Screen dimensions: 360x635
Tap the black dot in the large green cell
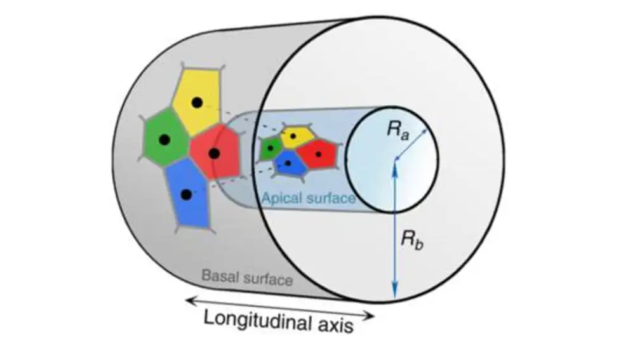coord(164,140)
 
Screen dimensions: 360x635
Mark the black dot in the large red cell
coord(214,153)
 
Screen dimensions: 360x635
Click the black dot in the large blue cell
coord(185,194)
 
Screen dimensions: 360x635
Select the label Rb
coord(410,239)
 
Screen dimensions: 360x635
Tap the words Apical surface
coord(308,199)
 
